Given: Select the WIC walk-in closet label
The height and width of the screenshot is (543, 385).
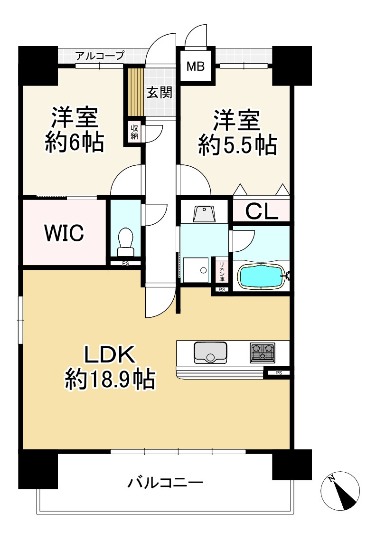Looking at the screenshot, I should (x=64, y=233).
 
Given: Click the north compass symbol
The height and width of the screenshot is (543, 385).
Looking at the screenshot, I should (x=340, y=492).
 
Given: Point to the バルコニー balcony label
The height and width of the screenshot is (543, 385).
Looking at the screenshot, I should (x=165, y=484).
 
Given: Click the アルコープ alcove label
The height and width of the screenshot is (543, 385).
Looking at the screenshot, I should (x=100, y=56).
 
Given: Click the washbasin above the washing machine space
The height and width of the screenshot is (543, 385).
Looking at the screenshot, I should (x=204, y=213).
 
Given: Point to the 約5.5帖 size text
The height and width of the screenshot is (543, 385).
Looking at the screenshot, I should (x=237, y=145).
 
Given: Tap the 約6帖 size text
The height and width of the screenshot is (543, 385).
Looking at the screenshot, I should (x=75, y=143).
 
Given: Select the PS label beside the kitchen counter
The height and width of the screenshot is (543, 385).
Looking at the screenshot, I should (x=278, y=373).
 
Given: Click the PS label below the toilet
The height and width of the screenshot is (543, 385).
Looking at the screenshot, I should (x=125, y=263).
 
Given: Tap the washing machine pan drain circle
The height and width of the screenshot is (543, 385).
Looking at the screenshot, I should (x=203, y=270).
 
